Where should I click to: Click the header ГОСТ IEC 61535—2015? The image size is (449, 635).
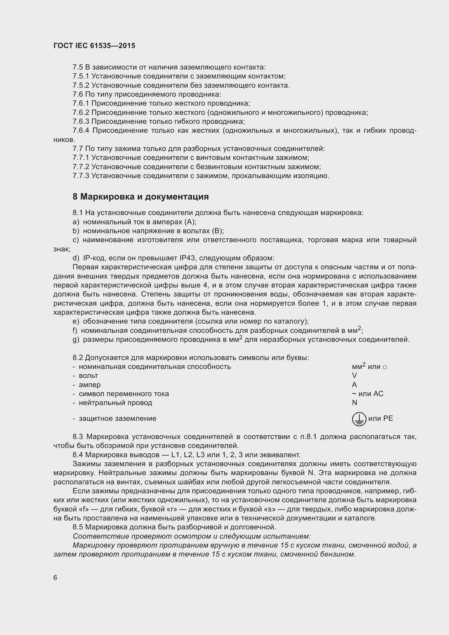[94, 46]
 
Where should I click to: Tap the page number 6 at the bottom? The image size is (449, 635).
[55, 578]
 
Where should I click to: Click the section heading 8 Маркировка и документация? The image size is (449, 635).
[141, 197]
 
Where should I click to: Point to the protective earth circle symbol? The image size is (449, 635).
[359, 419]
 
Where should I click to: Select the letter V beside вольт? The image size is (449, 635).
[355, 375]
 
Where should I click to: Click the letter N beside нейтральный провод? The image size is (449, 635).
[355, 403]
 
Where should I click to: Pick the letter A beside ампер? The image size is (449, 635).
[355, 385]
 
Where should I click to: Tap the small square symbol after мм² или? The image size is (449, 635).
[385, 367]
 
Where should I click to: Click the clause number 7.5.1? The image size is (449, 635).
[81, 76]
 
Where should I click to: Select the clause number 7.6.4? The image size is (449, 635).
[81, 131]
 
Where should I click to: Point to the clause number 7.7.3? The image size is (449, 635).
[81, 176]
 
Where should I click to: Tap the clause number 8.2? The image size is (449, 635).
[78, 358]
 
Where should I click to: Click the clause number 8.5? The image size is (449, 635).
[78, 527]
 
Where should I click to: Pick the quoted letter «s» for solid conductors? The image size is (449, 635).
[270, 509]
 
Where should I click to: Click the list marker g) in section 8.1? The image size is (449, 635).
[76, 339]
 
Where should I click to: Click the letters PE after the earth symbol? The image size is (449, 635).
[388, 418]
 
